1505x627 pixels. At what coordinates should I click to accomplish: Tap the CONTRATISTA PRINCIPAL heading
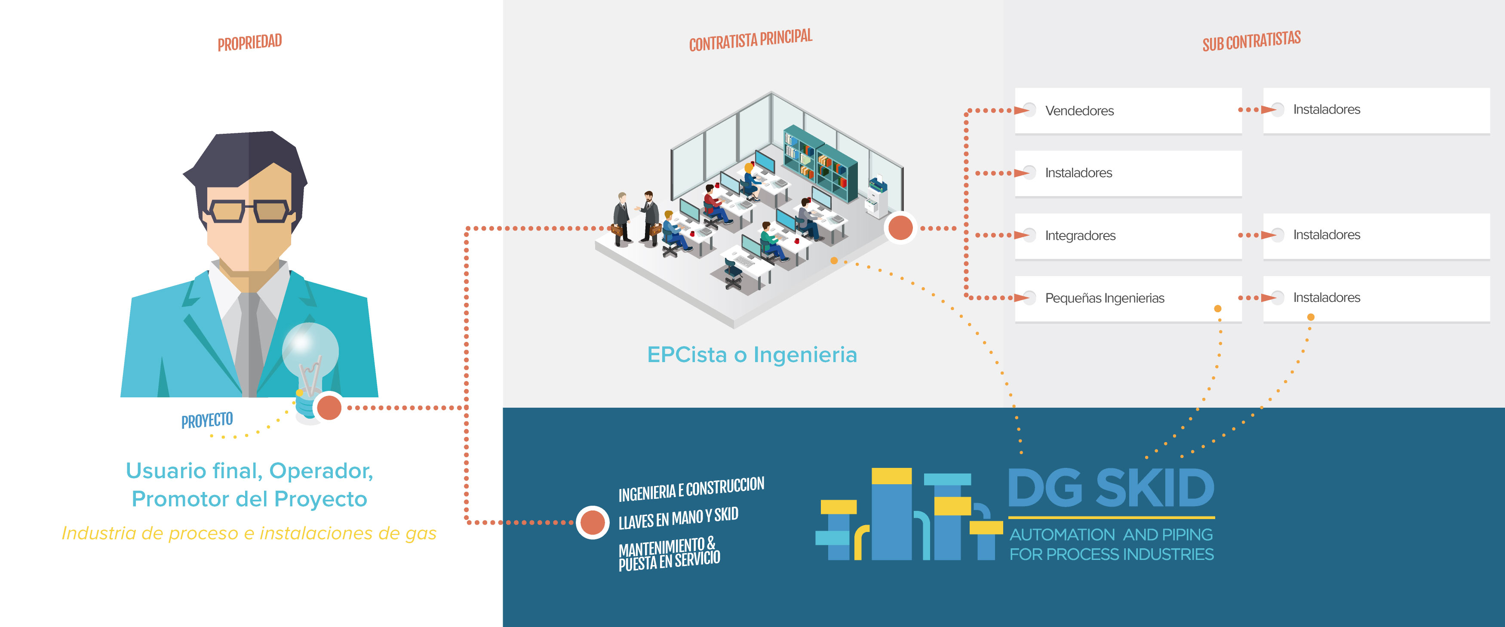(x=751, y=40)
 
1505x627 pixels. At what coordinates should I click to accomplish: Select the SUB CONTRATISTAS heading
(x=1251, y=41)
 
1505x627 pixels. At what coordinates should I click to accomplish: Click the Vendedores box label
(x=1079, y=111)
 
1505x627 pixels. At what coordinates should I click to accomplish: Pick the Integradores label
(x=1080, y=236)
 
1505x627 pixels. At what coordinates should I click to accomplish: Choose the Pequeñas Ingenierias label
(x=1104, y=298)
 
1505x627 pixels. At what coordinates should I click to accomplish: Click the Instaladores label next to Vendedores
(x=1326, y=109)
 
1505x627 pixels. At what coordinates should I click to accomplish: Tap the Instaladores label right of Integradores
(x=1326, y=234)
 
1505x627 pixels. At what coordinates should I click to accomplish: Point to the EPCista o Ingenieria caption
(x=752, y=355)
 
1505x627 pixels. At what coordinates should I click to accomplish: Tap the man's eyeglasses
(x=248, y=211)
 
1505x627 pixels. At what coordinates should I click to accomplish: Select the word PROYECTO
(x=207, y=420)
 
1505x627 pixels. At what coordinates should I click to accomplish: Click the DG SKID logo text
(x=1111, y=488)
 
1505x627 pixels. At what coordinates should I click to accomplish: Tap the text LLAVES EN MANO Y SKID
(x=678, y=518)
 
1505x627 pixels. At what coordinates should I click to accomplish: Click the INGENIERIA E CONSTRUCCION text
(x=691, y=489)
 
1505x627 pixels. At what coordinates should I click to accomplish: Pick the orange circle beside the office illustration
(x=900, y=227)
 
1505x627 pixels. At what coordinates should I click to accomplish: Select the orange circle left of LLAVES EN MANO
(x=593, y=522)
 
